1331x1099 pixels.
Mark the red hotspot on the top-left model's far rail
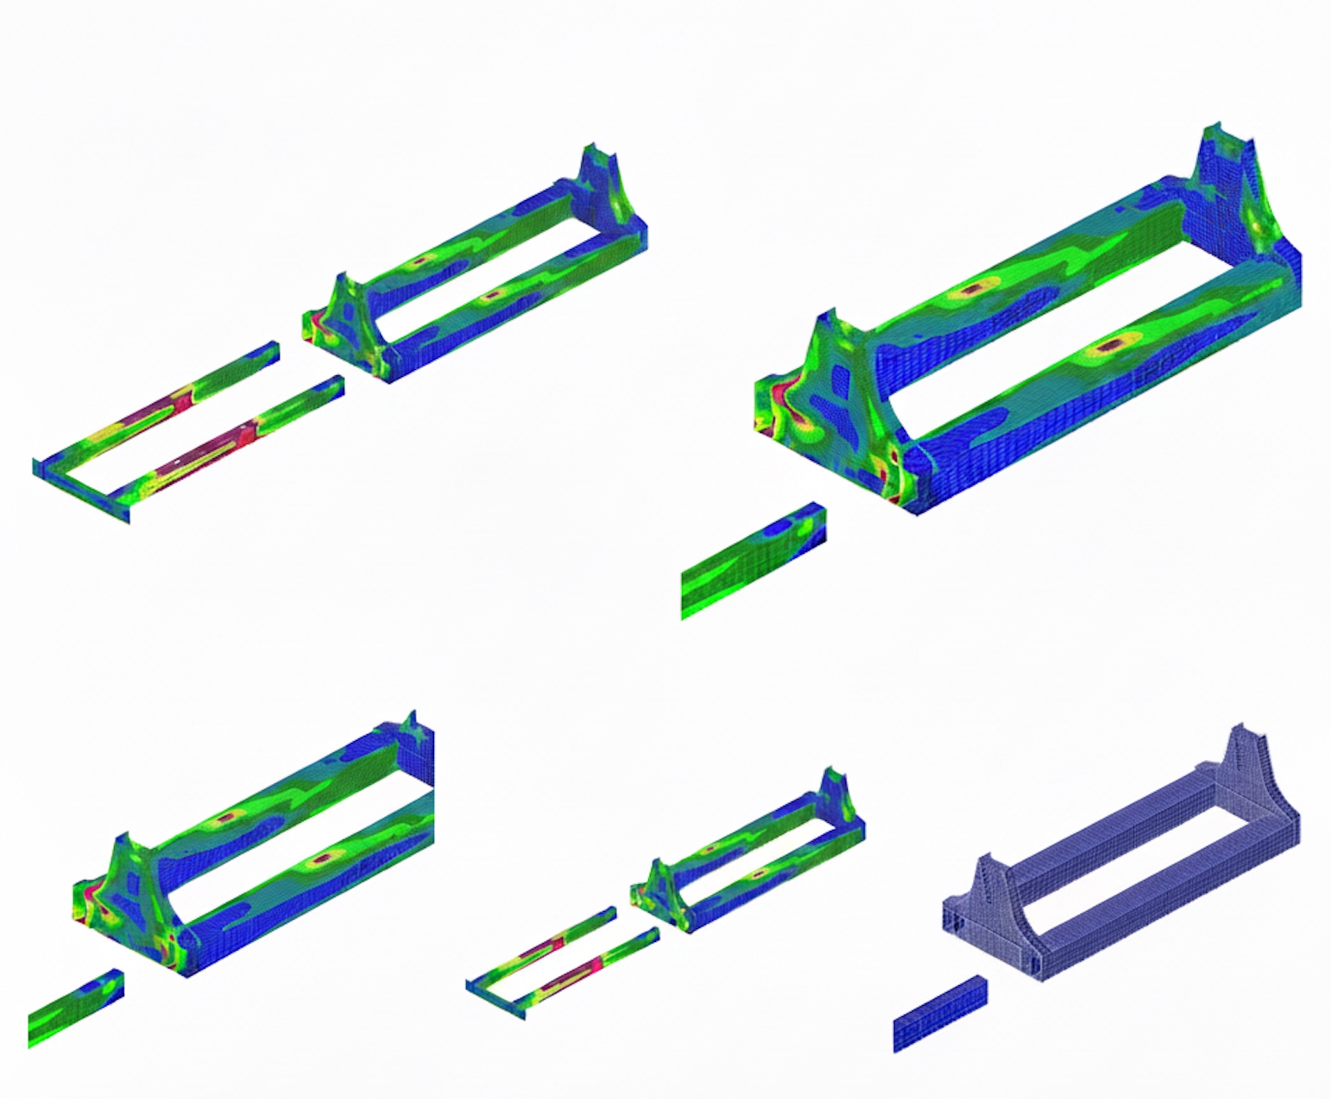click(422, 259)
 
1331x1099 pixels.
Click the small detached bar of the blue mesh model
click(940, 1014)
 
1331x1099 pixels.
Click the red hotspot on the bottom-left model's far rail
click(227, 816)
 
